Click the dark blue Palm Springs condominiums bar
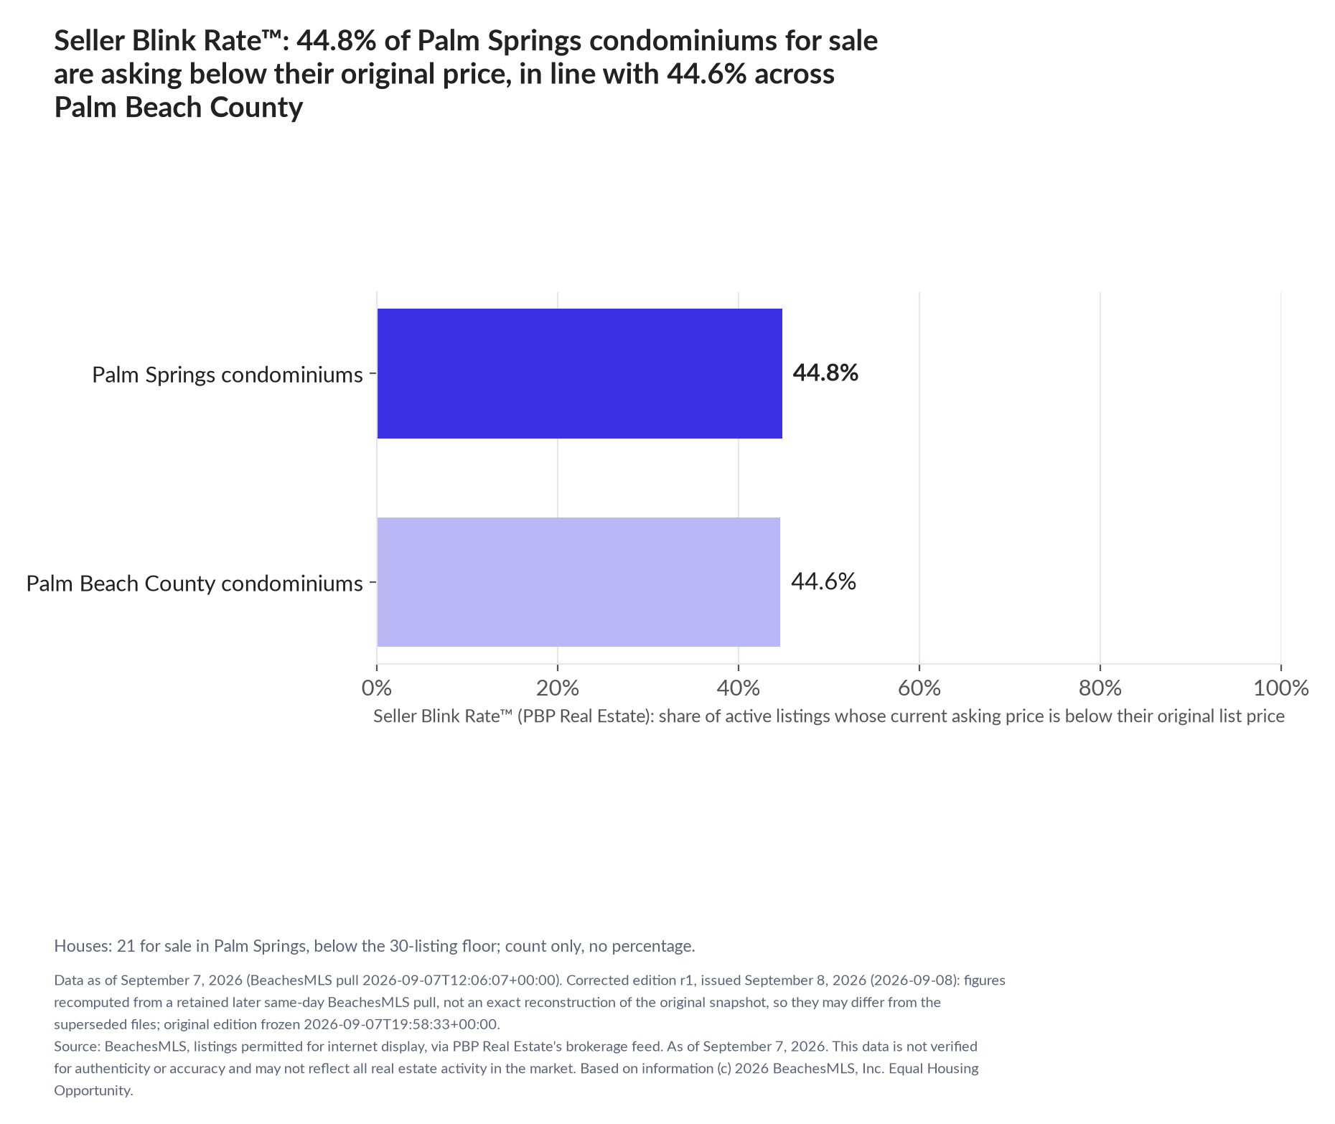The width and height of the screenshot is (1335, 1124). pyautogui.click(x=579, y=373)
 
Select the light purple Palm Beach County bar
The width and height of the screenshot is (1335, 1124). pyautogui.click(x=578, y=582)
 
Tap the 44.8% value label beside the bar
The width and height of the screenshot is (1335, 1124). pyautogui.click(x=825, y=373)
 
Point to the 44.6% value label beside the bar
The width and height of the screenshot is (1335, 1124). pyautogui.click(x=823, y=581)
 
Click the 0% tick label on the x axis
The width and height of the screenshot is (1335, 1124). pyautogui.click(x=377, y=688)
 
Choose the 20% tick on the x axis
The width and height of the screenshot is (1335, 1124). pyautogui.click(x=558, y=688)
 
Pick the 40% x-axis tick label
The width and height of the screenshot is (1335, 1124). pyautogui.click(x=739, y=688)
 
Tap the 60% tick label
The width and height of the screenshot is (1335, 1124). pyautogui.click(x=919, y=688)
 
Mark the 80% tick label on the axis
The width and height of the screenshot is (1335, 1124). pyautogui.click(x=1100, y=688)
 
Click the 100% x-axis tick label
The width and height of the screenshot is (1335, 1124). pyautogui.click(x=1281, y=688)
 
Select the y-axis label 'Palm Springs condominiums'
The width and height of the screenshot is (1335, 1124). pyautogui.click(x=228, y=375)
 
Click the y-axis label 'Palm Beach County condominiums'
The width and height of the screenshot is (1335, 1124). pyautogui.click(x=195, y=584)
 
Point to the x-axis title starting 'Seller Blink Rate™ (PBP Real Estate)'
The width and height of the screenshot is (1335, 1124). pyautogui.click(x=829, y=716)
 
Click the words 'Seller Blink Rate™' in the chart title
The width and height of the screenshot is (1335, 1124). pyautogui.click(x=169, y=41)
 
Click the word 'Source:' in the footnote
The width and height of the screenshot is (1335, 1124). pyautogui.click(x=78, y=1046)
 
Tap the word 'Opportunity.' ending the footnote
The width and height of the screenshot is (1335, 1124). pyautogui.click(x=94, y=1091)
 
